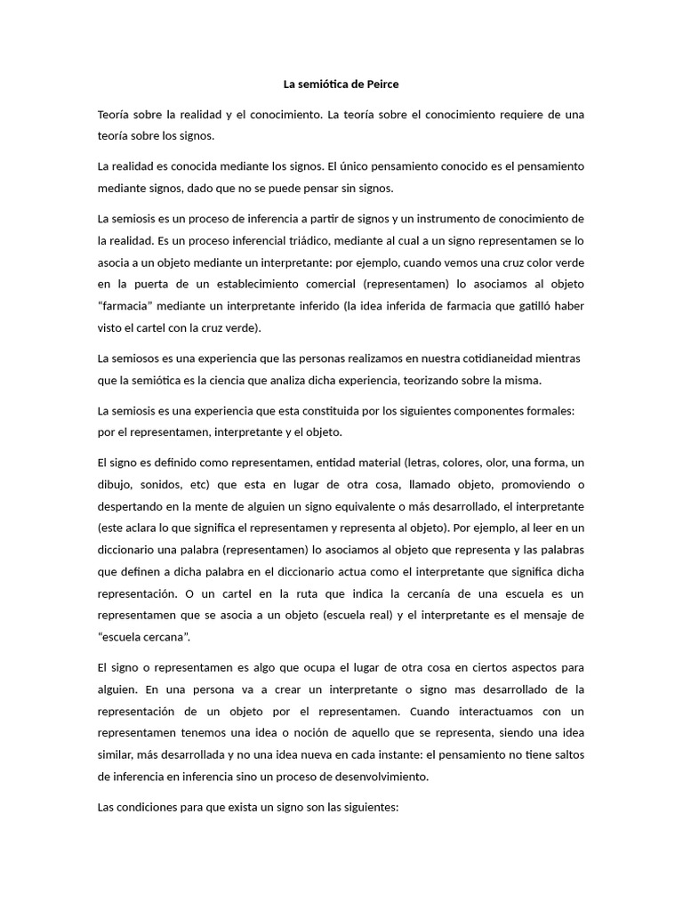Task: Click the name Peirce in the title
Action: (382, 85)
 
